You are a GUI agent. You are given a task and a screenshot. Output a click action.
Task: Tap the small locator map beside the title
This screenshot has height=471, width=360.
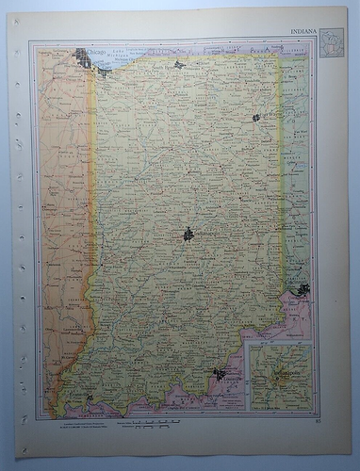[x=331, y=43]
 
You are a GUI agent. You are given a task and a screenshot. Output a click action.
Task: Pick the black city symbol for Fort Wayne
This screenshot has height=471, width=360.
[x=255, y=118]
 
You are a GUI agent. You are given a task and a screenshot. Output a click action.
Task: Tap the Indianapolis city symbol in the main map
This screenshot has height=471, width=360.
[x=188, y=234]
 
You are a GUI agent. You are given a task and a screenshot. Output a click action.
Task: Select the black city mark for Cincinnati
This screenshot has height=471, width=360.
[x=303, y=289]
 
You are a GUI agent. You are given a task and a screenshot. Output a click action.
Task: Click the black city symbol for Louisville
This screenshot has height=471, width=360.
[x=220, y=374]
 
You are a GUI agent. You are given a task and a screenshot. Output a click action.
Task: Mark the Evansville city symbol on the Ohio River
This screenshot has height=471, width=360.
[x=89, y=398]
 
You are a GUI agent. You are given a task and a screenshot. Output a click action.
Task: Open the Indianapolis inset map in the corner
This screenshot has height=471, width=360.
[x=279, y=378]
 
